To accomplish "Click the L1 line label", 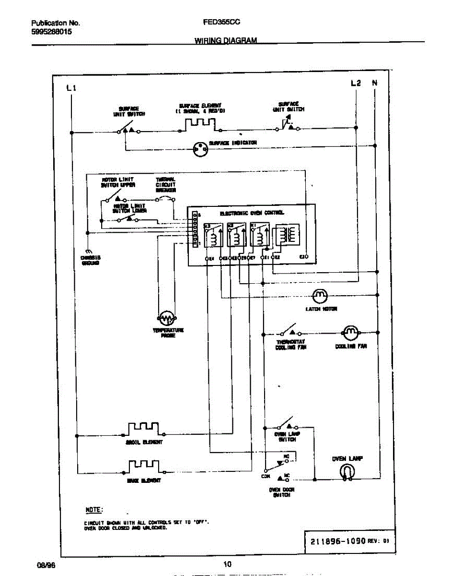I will click(x=71, y=88).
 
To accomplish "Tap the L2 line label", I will click(x=355, y=83).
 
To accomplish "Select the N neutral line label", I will click(x=375, y=83).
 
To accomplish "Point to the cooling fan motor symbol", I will click(x=350, y=332).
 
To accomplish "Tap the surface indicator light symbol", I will click(x=200, y=149).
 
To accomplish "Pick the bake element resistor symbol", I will click(x=143, y=466).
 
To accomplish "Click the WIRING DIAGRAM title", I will click(x=225, y=41).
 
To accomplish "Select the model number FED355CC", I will click(x=221, y=22).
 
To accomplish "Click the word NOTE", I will click(x=93, y=509).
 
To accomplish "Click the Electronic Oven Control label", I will click(x=252, y=213).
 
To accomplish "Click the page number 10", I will click(x=227, y=564).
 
